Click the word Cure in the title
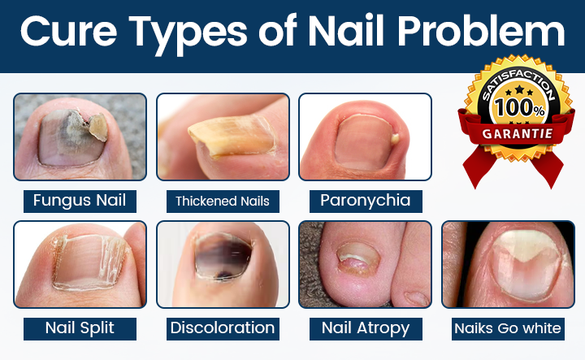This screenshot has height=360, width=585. click(x=68, y=31)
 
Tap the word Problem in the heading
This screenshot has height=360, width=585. click(x=481, y=31)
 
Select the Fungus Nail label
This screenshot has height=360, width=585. click(x=80, y=201)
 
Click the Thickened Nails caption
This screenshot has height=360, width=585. click(x=223, y=202)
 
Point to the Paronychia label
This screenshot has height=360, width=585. click(x=366, y=201)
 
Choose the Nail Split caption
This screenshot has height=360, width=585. click(x=80, y=328)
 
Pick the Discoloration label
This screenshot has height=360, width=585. click(x=223, y=328)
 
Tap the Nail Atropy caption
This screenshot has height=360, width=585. click(x=366, y=328)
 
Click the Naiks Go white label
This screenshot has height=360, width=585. click(x=508, y=328)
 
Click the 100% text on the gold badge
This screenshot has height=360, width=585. click(x=519, y=107)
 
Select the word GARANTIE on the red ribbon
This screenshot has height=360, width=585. click(x=518, y=133)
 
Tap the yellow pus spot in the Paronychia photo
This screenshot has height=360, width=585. click(x=395, y=139)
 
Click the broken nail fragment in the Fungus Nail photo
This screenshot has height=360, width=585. click(x=98, y=128)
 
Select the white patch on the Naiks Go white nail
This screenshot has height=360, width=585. click(x=526, y=245)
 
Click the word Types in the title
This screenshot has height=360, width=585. click(x=188, y=33)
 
